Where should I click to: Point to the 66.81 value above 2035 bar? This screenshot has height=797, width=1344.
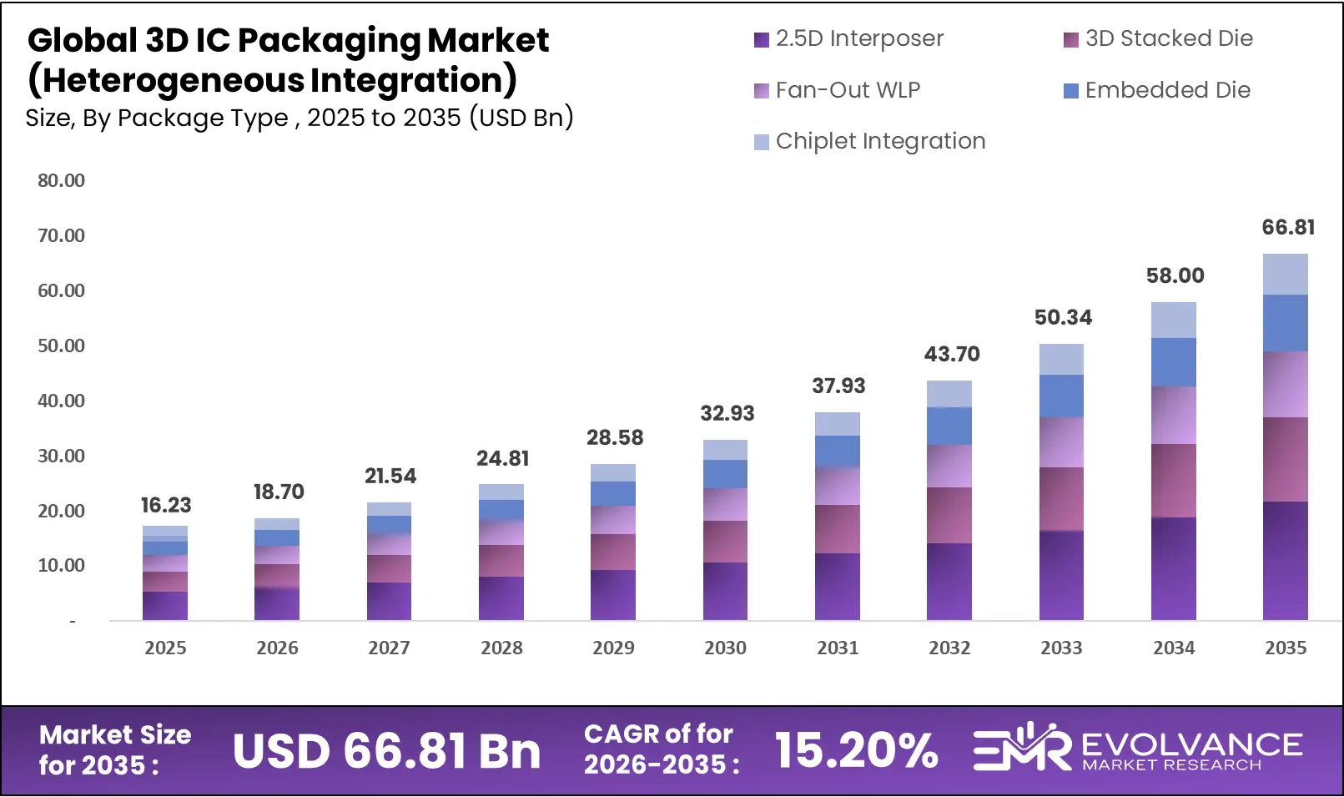1288,227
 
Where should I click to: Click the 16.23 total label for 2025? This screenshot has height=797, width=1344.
165,505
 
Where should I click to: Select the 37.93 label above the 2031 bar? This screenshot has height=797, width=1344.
838,386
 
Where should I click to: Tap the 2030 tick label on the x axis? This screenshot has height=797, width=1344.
725,648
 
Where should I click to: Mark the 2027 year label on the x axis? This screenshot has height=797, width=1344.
389,648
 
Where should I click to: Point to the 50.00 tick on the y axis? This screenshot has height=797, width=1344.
61,346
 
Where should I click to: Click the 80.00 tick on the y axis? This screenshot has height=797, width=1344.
61,180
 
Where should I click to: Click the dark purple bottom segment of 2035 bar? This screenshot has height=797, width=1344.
1285,561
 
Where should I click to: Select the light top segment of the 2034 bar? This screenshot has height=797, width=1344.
1173,320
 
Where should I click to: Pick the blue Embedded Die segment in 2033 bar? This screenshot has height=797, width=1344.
1061,396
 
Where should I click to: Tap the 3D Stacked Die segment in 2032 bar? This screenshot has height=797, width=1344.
949,515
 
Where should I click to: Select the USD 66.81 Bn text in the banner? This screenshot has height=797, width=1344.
386,751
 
